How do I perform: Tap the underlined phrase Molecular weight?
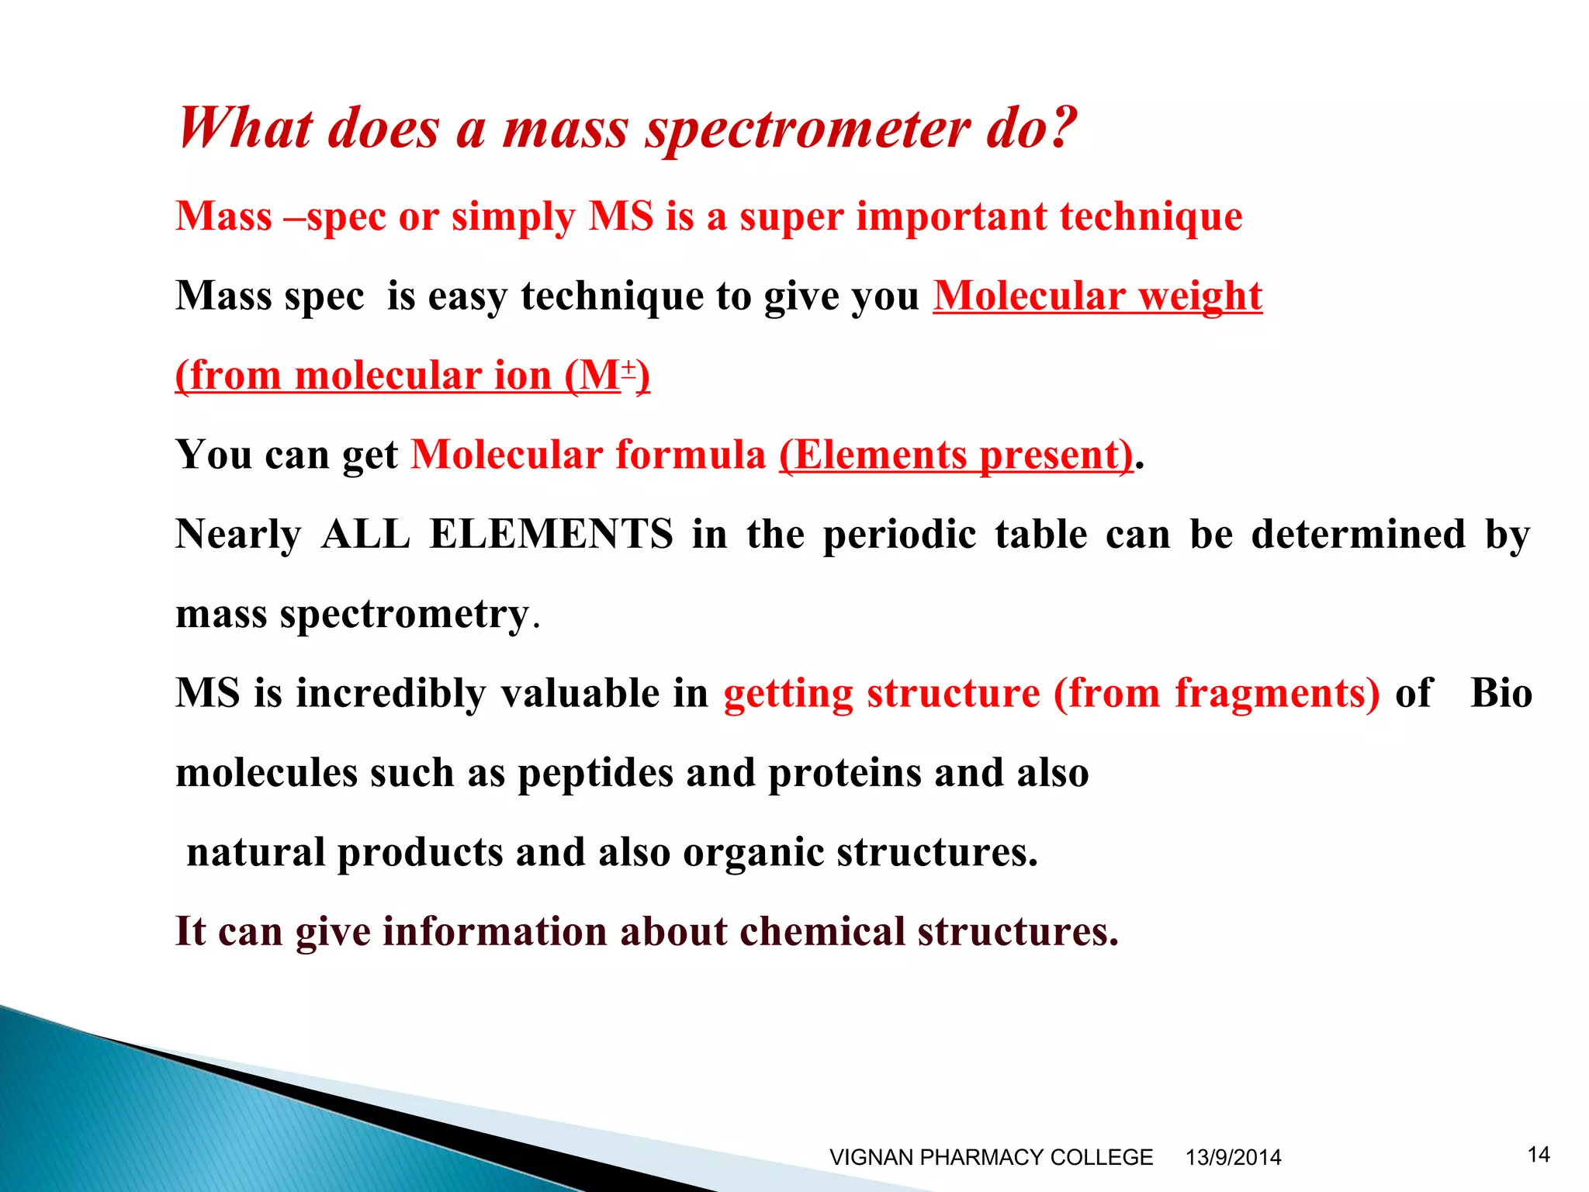coord(1097,296)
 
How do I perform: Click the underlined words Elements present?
coord(956,456)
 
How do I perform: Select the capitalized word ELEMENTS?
coord(551,535)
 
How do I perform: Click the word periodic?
coord(898,535)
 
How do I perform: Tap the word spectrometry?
coord(403,615)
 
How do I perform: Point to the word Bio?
coord(1501,694)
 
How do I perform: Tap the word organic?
coord(753,854)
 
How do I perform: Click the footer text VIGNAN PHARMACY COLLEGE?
coord(991,1157)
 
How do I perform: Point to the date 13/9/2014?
coord(1233,1157)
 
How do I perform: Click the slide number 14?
coord(1539,1155)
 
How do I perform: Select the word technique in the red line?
coord(1151,217)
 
